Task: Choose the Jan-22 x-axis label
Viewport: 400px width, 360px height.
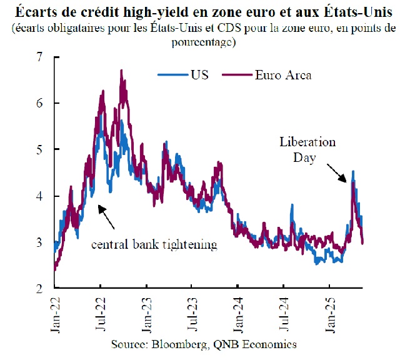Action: click(54, 316)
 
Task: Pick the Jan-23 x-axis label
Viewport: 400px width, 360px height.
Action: click(146, 316)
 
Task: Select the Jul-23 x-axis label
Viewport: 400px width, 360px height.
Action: click(192, 316)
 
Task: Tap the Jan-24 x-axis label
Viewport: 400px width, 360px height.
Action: click(238, 316)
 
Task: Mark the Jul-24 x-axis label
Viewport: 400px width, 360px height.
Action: click(284, 316)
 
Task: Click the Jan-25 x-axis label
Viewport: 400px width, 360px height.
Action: click(330, 316)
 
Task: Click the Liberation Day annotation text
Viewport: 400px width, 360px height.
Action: click(307, 150)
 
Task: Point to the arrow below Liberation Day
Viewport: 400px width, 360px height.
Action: click(336, 173)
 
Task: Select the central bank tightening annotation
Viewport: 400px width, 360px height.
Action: click(154, 244)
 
